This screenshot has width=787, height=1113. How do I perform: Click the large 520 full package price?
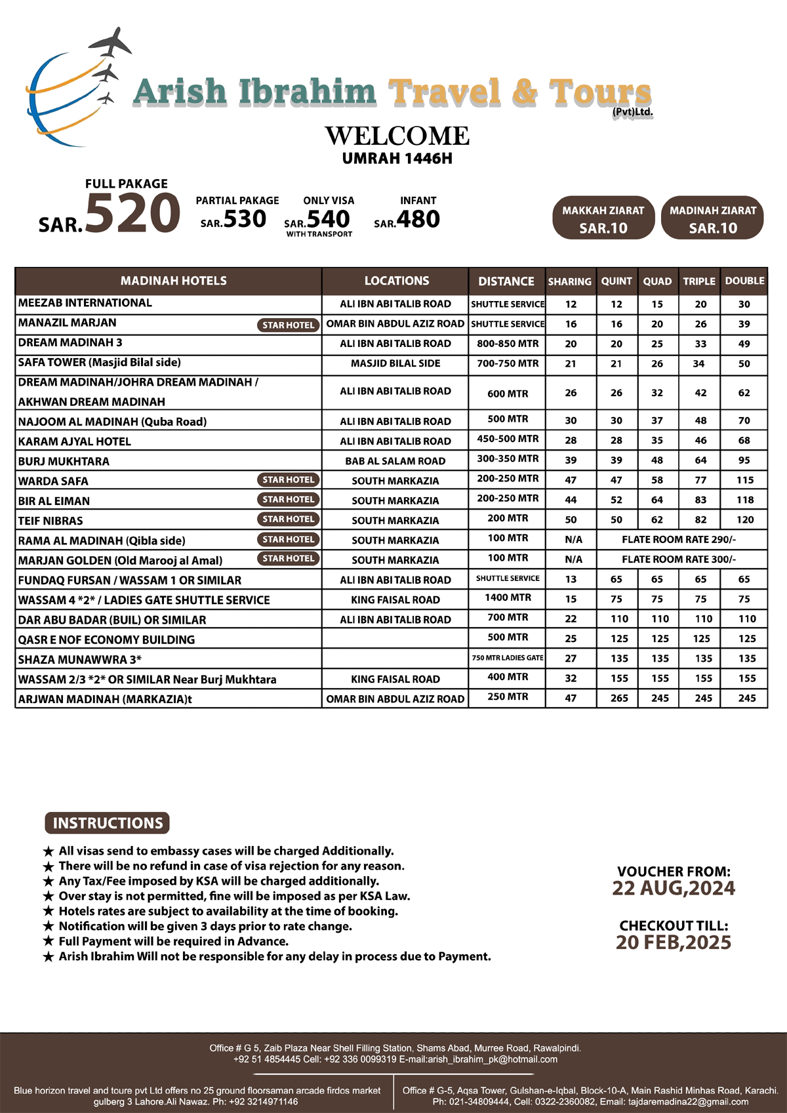[x=132, y=214]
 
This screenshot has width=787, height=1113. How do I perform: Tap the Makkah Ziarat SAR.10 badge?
[x=603, y=218]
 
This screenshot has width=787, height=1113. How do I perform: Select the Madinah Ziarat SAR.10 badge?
[x=712, y=218]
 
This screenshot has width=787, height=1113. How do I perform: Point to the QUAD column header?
[x=657, y=281]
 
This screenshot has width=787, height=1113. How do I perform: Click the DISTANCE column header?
[x=506, y=281]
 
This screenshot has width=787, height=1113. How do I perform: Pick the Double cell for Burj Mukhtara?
[x=744, y=460]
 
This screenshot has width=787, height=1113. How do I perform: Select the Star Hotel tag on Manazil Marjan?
[x=288, y=325]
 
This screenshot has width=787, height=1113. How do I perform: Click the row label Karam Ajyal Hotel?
[x=75, y=441]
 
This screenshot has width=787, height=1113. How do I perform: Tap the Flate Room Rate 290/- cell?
[x=679, y=540]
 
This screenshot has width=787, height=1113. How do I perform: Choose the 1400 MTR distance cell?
[x=508, y=598]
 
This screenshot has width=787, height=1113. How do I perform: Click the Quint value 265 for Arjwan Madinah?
[x=619, y=698]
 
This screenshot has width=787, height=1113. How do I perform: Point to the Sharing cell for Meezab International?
[x=571, y=304]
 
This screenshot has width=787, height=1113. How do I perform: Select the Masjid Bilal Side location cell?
[x=395, y=363]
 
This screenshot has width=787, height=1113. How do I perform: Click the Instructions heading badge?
[x=108, y=823]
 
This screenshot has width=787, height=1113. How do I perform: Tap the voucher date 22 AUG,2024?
[x=674, y=889]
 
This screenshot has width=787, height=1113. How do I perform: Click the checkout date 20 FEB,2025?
[x=674, y=942]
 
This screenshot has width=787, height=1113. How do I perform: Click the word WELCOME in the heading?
[x=397, y=136]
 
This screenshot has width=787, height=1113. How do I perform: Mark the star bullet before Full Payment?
[x=48, y=942]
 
